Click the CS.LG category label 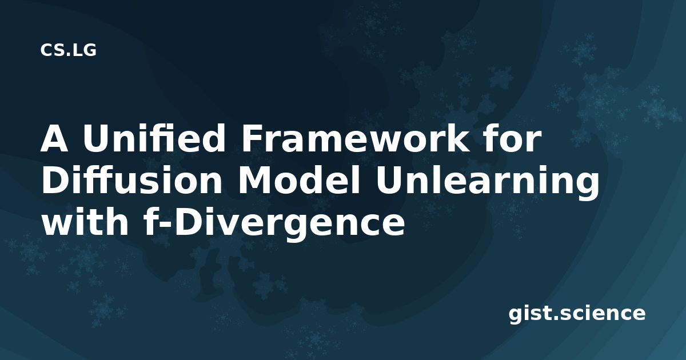point(68,50)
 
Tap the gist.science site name point(577,314)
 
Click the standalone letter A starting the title point(54,139)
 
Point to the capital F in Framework point(252,139)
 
